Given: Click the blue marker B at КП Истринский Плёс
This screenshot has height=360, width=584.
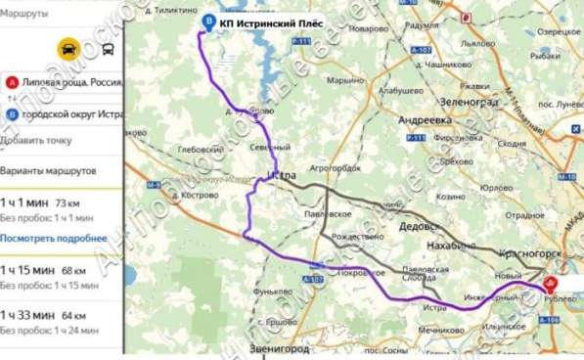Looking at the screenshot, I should click(x=206, y=22).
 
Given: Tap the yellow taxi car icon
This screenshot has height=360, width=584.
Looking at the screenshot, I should click(x=66, y=49).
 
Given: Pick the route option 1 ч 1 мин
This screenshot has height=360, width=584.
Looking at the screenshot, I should click(x=25, y=202).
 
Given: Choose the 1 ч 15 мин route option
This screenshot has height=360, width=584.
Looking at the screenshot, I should click(x=28, y=269).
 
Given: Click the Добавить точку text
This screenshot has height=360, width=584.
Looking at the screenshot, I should click(x=36, y=140).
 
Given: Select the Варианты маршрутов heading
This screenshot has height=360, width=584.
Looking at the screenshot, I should click(x=47, y=169).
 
